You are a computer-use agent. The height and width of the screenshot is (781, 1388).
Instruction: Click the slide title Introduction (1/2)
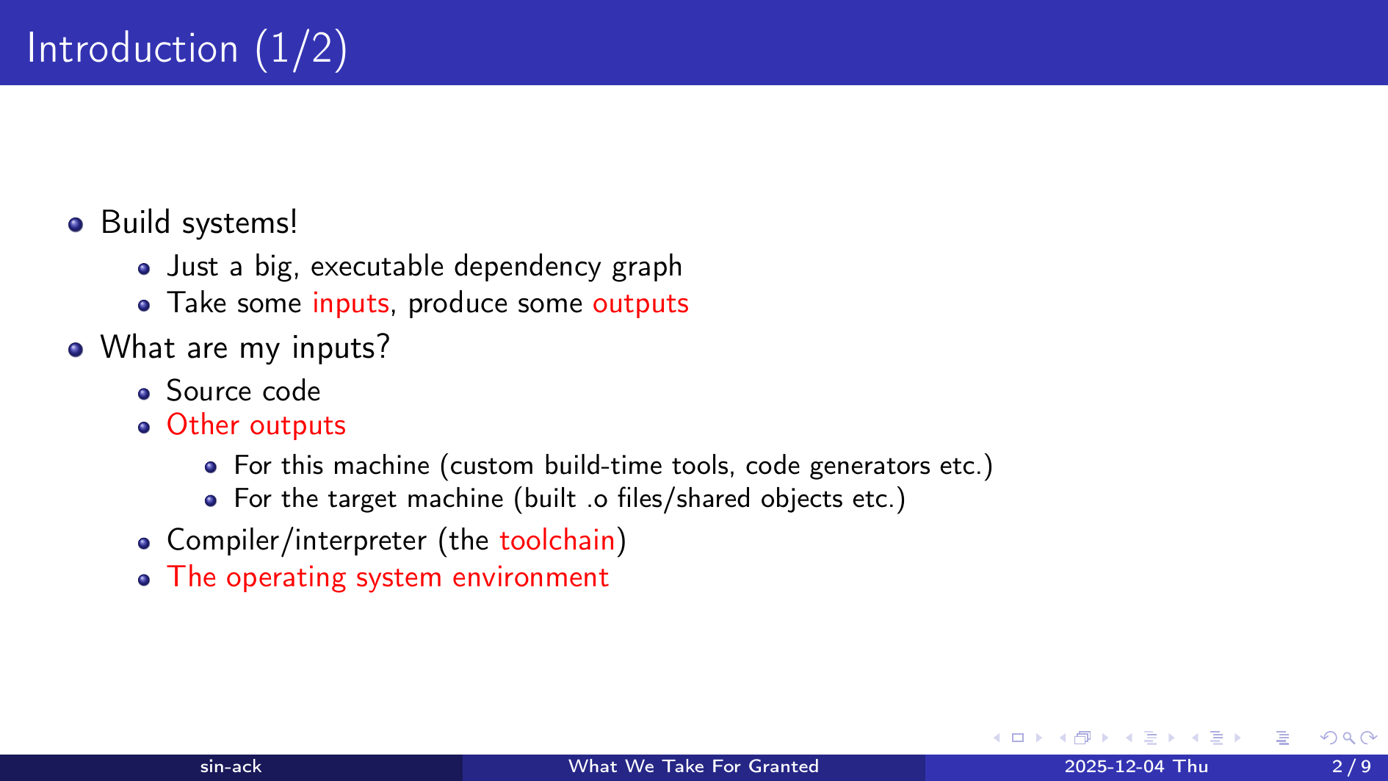click(187, 49)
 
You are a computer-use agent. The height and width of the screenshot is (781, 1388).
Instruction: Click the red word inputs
click(350, 303)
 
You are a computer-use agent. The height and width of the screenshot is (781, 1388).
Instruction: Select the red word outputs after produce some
click(640, 303)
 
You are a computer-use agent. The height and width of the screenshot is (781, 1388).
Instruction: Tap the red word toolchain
click(557, 540)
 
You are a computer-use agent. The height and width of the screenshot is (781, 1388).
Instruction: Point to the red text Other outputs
click(256, 425)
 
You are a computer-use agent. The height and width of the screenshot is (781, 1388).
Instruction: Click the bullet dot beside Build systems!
click(75, 224)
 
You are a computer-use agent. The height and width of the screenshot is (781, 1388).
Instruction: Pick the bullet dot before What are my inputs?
click(75, 349)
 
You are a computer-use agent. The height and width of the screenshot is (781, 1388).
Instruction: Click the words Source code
click(243, 391)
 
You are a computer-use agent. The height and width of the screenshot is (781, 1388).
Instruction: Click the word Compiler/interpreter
click(297, 541)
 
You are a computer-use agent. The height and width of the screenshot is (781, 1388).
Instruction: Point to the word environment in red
click(530, 577)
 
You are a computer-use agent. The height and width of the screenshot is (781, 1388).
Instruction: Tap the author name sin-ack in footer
click(231, 766)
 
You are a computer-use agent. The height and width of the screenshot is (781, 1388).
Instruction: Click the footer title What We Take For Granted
click(693, 766)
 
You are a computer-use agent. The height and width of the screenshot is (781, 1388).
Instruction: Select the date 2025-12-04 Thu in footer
click(1136, 766)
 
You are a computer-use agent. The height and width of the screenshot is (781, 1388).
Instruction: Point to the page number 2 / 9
click(1351, 766)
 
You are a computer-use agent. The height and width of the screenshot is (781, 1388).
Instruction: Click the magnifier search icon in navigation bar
click(1348, 738)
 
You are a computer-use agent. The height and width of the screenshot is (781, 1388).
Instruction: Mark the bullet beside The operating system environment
click(144, 580)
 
